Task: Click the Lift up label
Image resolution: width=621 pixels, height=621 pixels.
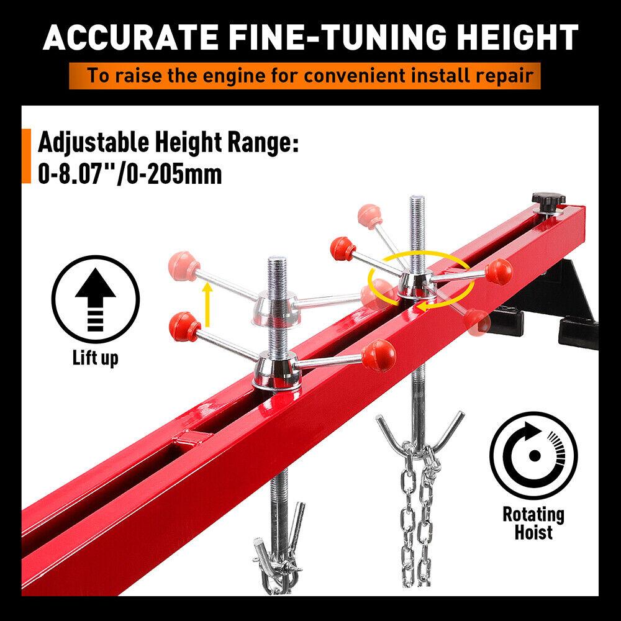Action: (94, 358)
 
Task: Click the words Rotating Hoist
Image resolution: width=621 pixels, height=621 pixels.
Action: (533, 523)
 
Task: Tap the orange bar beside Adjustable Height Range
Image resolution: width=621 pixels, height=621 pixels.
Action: (26, 156)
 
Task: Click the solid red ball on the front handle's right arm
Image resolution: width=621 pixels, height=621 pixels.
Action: (379, 355)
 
